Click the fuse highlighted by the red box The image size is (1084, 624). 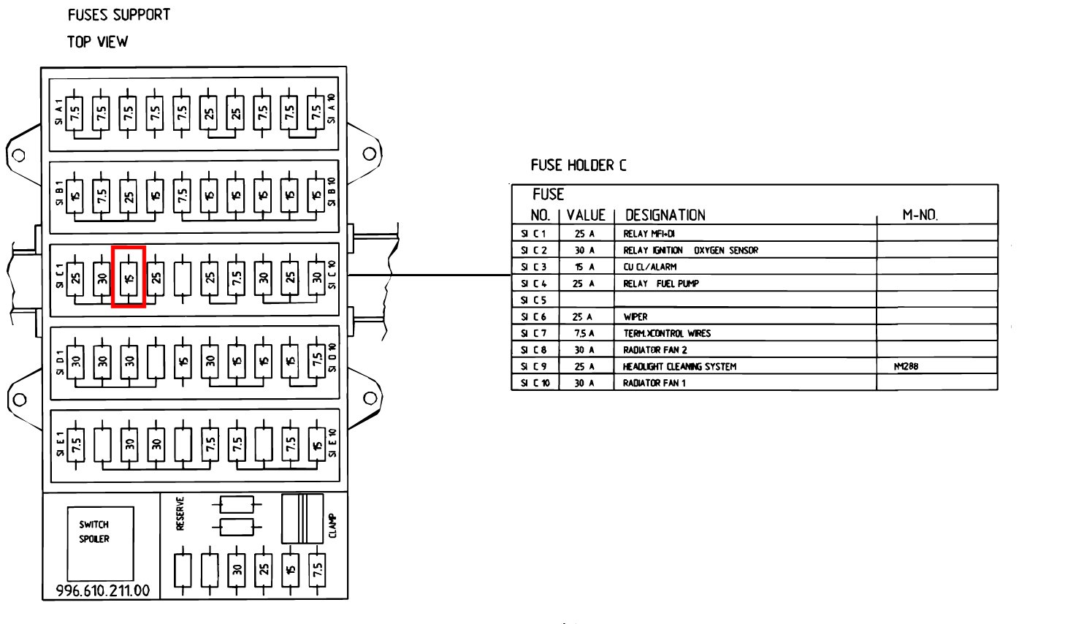pos(129,277)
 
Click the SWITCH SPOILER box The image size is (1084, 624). pos(100,543)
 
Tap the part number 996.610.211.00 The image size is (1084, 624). pos(103,590)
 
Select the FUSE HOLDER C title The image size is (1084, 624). pos(578,165)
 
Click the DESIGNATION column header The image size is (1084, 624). pos(665,215)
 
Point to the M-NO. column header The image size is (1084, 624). pos(920,215)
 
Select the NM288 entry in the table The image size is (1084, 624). pos(906,366)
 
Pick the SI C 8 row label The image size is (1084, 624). pos(534,350)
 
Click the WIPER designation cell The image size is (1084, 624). pos(635,317)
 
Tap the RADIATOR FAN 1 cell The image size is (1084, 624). pos(654,383)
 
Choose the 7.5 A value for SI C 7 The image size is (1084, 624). pos(584,333)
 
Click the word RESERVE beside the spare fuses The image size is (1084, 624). pos(180,513)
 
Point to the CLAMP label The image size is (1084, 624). pos(332,525)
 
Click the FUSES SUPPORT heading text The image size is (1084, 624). pos(119,15)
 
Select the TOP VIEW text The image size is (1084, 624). pos(97,42)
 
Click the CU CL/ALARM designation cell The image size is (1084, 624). pos(649,267)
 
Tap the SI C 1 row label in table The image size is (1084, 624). pos(533,234)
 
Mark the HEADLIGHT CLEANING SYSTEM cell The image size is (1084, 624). pos(679,366)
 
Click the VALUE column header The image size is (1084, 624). pos(586,215)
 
